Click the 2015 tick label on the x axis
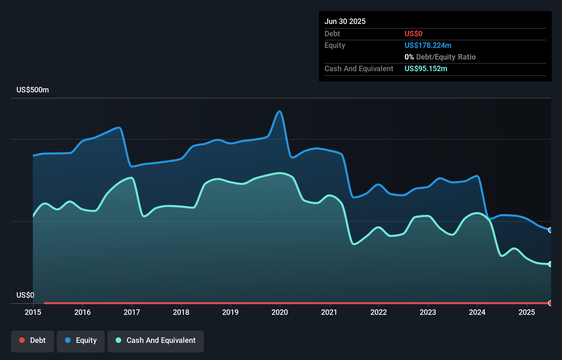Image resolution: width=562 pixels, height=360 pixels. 33,312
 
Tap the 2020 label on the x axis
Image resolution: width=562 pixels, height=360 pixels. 280,312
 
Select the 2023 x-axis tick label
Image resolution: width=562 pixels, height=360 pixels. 428,312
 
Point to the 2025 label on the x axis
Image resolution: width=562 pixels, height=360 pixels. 527,312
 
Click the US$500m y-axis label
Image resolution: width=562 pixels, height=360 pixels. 33,90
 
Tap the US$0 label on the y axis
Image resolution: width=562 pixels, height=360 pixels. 25,295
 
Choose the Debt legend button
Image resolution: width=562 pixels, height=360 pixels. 33,340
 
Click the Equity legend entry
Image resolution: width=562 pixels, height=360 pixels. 81,340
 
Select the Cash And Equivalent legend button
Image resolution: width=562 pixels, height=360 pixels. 156,340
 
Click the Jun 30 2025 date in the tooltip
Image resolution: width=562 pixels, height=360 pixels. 345,21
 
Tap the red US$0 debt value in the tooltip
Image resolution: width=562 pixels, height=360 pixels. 413,34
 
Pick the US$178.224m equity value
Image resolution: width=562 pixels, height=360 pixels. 428,45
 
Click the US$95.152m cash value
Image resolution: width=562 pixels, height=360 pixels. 426,68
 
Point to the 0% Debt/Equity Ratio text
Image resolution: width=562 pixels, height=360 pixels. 440,57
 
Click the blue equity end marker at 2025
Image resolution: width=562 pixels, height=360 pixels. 550,230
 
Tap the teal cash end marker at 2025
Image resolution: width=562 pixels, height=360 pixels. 550,264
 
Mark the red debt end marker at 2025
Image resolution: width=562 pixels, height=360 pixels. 550,303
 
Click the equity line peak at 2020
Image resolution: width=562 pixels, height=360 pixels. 280,112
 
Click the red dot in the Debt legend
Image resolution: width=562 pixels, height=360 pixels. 22,340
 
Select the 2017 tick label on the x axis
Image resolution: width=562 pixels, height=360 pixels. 132,312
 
